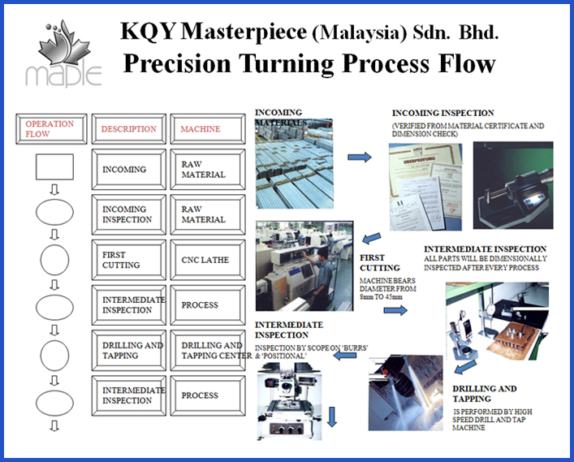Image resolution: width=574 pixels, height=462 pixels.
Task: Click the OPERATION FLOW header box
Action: [49, 129]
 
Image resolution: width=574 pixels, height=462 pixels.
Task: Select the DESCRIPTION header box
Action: [128, 129]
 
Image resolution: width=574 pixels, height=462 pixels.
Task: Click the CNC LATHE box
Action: [205, 260]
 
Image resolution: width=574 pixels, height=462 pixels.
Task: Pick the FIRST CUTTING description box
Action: [128, 260]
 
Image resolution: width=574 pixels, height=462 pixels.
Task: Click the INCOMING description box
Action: [128, 170]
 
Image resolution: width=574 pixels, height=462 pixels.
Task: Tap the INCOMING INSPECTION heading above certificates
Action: [442, 113]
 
